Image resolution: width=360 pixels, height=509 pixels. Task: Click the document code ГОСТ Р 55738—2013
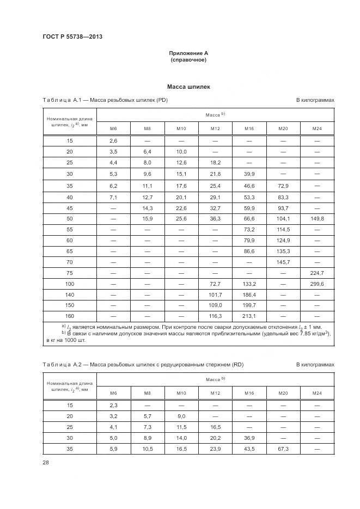pos(72,36)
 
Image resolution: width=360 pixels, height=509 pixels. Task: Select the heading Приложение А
pos(188,53)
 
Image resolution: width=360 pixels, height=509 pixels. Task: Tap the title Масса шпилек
pos(188,87)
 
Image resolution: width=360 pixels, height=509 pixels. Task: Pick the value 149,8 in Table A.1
pos(316,218)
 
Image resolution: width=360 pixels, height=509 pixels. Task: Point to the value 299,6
pos(316,284)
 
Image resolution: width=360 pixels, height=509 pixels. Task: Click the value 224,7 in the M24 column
pos(316,273)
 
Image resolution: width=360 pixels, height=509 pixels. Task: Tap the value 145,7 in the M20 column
pos(283,262)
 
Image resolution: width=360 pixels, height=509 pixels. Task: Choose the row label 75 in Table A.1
pos(70,273)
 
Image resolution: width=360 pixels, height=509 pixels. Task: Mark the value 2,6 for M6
pos(114,140)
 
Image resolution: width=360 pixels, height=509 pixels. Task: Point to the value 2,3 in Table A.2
pos(114,406)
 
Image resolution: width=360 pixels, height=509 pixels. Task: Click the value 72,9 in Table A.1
pos(283,185)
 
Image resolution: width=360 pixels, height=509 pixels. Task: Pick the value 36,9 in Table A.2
pos(249,439)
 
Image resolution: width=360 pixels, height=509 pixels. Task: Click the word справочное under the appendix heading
pos(188,60)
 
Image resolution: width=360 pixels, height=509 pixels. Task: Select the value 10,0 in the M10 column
pos(181,152)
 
